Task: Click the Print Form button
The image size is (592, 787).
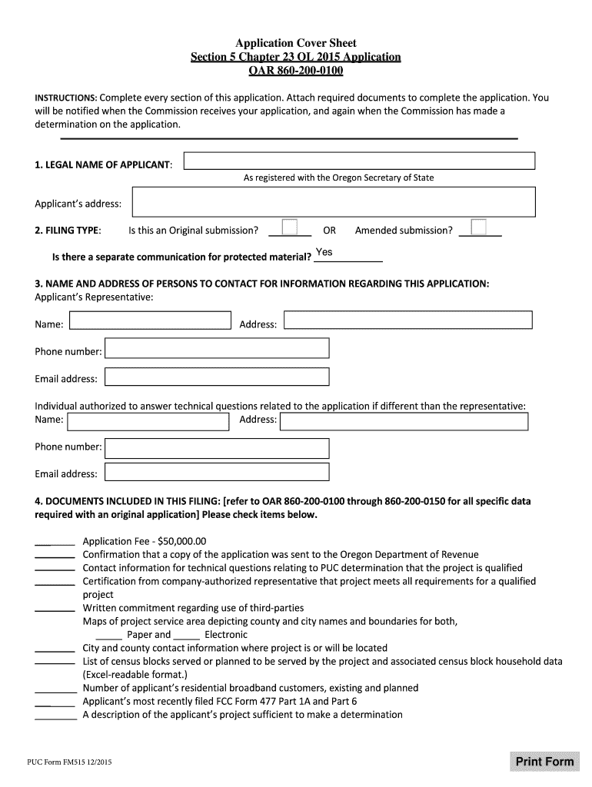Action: tap(544, 762)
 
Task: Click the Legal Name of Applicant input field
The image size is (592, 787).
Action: tap(359, 161)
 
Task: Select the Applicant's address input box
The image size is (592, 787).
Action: tap(334, 203)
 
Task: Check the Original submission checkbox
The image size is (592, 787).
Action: tap(290, 227)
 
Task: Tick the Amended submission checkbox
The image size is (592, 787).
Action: tap(478, 227)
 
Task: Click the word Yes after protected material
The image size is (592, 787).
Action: tap(324, 253)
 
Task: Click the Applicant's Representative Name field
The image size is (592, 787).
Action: tap(150, 320)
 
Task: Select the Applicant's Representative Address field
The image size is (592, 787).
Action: tap(407, 320)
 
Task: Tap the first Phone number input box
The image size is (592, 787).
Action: tap(217, 349)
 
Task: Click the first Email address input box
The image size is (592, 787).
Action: tap(217, 377)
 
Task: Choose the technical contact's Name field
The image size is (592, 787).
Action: tap(148, 421)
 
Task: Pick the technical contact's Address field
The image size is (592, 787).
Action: tap(404, 421)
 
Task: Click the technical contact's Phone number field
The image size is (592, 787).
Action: tap(217, 448)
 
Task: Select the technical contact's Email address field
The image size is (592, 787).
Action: tap(217, 472)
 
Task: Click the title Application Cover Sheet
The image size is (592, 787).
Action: tap(296, 43)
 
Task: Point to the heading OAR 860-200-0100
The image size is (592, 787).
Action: tap(296, 71)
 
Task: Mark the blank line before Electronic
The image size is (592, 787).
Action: tap(187, 636)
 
